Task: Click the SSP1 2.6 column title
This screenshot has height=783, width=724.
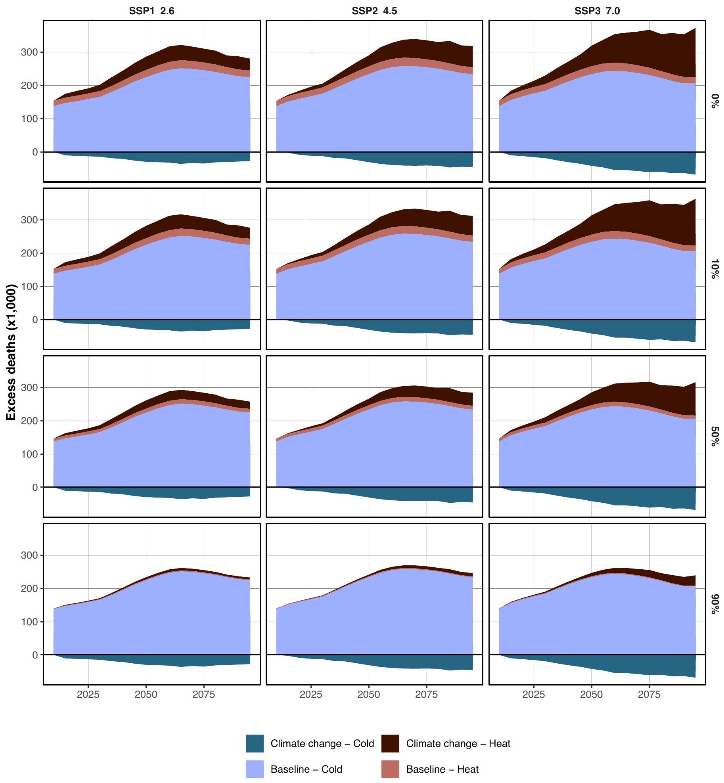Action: (x=151, y=11)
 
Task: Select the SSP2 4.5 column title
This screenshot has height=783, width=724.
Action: (x=374, y=11)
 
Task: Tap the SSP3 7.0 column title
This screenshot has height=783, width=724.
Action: (x=597, y=11)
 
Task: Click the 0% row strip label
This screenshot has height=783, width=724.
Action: (x=714, y=101)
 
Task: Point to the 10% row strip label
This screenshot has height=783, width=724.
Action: (x=714, y=269)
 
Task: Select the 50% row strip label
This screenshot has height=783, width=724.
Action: (x=714, y=436)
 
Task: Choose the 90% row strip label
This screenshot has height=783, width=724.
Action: (x=714, y=604)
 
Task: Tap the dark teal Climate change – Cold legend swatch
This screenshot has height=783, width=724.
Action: (x=255, y=743)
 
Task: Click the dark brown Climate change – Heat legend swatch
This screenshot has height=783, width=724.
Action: (x=390, y=743)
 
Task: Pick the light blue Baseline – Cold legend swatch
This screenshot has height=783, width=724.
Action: (x=255, y=769)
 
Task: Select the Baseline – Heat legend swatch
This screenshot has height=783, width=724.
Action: (x=390, y=769)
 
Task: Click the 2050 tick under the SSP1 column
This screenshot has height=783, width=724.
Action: (x=146, y=694)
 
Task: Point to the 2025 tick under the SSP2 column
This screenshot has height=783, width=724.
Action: (x=311, y=694)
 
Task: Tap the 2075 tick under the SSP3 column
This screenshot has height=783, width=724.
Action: (x=649, y=694)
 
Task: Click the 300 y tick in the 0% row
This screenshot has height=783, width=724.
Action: (x=30, y=52)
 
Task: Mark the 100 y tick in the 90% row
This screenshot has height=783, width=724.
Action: (x=30, y=622)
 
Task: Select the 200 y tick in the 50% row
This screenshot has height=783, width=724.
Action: (x=30, y=421)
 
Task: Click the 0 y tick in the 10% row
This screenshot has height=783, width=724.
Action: (x=35, y=320)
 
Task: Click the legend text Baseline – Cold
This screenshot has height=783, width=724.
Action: (x=306, y=769)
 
